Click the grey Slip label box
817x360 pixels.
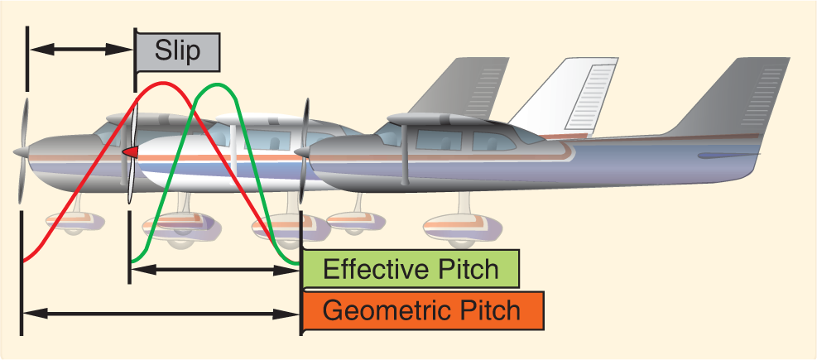[178, 51]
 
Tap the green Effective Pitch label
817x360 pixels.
[411, 270]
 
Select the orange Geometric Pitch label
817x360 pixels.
[421, 311]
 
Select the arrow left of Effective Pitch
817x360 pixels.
[215, 270]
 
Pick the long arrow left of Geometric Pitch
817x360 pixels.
[161, 314]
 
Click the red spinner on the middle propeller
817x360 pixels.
[130, 152]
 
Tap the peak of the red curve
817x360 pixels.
[161, 84]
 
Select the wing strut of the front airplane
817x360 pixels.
[405, 157]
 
